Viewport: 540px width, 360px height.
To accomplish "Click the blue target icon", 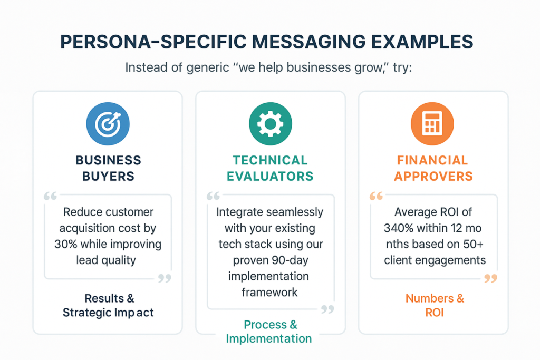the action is pos(108,124).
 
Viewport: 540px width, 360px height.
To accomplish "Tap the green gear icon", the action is pos(271,124).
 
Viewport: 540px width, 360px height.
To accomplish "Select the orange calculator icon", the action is pos(432,124).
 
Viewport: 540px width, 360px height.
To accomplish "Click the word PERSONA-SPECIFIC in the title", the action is pos(153,42).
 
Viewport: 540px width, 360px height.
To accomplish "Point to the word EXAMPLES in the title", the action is pos(422,42).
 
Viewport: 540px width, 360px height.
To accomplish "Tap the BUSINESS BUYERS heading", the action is pos(108,168).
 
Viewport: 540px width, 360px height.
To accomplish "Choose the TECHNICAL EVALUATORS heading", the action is pos(270,168).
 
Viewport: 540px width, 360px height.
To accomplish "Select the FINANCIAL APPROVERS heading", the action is pos(433,168).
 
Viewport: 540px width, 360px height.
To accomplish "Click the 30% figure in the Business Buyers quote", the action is pos(66,244).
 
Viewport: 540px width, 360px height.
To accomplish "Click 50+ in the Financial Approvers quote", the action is pos(474,244).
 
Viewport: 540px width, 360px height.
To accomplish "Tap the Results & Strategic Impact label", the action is pos(108,305).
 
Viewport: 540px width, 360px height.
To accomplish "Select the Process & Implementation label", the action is pos(269,332).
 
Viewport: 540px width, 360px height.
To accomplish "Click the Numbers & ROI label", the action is pos(435,305).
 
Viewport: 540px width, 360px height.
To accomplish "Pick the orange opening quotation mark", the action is pos(376,196).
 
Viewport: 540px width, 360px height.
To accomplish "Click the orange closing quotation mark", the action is pos(490,278).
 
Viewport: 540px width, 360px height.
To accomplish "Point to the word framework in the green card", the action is pos(269,292).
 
